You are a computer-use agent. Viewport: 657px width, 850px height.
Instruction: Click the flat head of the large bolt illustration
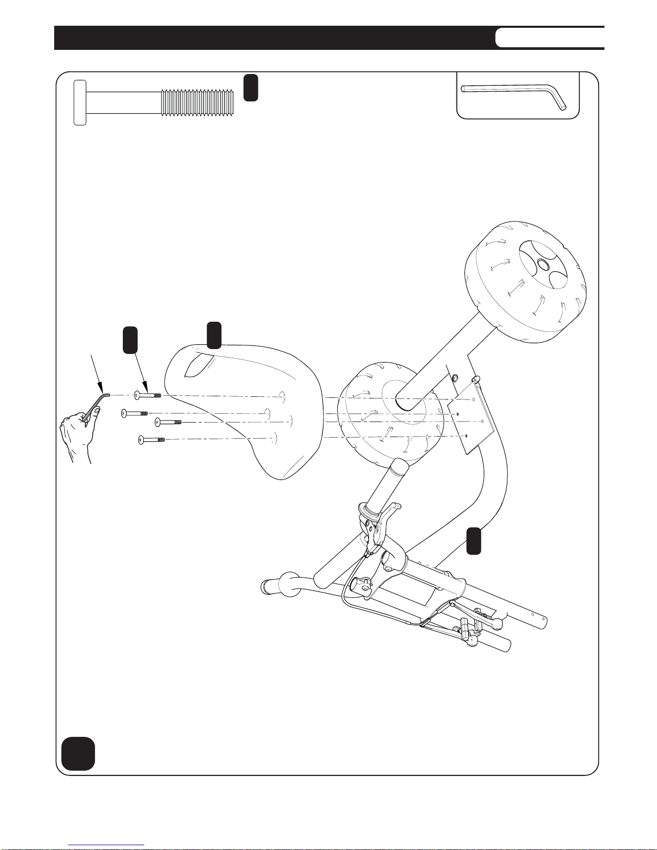click(79, 102)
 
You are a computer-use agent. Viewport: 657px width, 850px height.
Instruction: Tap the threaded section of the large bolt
click(198, 102)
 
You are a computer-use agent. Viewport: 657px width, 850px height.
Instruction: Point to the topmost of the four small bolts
click(147, 395)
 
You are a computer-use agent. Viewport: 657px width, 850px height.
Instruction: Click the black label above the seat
click(214, 335)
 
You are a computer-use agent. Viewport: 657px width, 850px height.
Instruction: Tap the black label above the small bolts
click(130, 340)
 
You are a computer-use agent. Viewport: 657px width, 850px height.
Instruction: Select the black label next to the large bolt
click(250, 87)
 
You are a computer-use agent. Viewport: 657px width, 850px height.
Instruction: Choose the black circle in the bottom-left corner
click(78, 753)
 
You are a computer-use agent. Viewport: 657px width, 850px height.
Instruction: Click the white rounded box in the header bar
click(549, 38)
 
